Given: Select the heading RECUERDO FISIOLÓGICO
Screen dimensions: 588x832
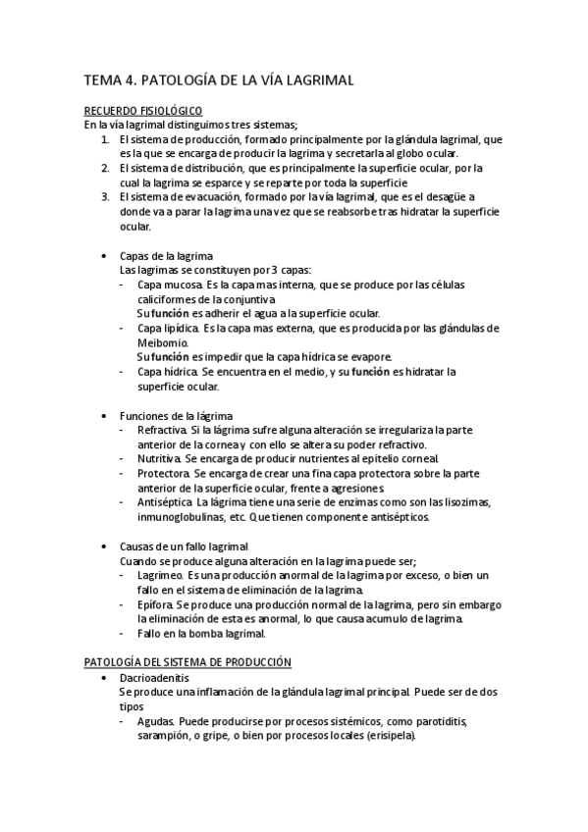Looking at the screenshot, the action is pos(142,113).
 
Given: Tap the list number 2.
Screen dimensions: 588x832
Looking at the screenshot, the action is pos(105,169).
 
